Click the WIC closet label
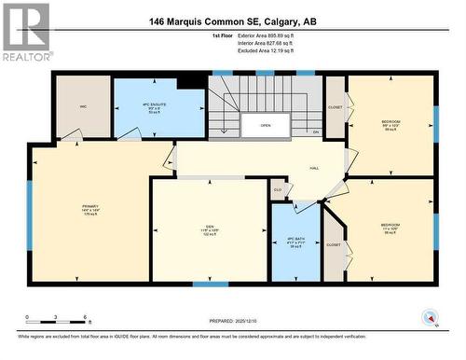click(x=83, y=107)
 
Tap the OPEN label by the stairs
click(x=265, y=125)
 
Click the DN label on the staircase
click(x=316, y=132)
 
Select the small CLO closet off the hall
click(x=277, y=189)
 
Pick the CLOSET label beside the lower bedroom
click(x=333, y=244)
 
